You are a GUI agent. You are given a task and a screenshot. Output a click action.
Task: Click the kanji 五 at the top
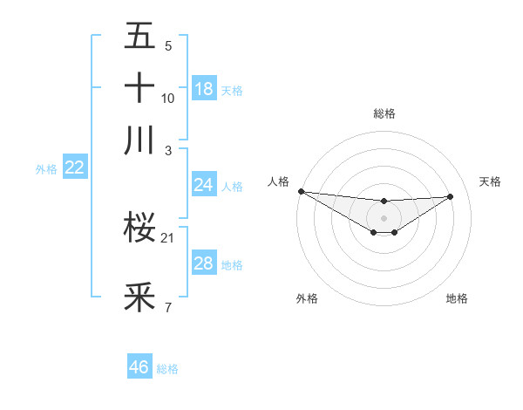(139, 36)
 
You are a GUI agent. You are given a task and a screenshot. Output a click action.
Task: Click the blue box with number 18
(204, 88)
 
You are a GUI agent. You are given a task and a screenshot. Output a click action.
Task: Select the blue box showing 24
(203, 185)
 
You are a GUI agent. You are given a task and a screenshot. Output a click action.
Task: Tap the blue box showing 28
(203, 263)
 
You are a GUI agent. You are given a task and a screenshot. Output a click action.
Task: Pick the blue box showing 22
(74, 167)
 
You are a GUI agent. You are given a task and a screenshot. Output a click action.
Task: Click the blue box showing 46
(139, 367)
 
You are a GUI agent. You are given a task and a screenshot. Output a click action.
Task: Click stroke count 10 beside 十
(168, 99)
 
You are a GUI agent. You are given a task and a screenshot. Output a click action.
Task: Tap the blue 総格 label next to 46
(167, 369)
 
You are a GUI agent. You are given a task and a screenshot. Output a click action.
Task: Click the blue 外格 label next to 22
(45, 169)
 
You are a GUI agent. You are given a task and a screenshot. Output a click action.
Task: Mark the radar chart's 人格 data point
(301, 191)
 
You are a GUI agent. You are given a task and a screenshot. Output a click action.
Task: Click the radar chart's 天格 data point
(451, 196)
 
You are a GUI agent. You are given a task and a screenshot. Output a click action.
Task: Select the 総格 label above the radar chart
(384, 113)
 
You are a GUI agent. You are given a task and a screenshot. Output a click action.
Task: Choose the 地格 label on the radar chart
(457, 299)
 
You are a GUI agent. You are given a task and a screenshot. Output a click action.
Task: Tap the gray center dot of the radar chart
(384, 216)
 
